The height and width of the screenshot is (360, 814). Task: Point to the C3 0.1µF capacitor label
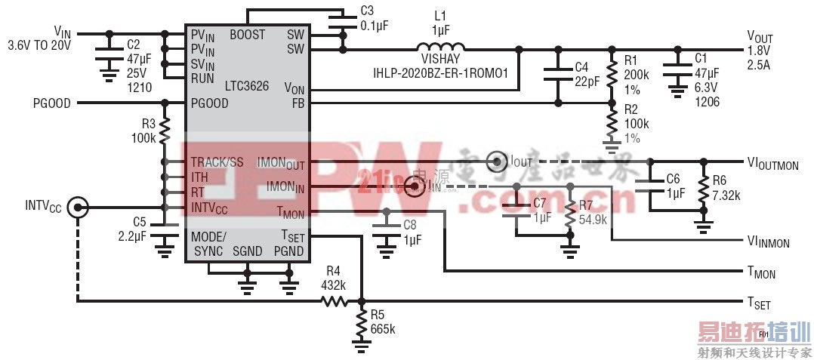(x=367, y=18)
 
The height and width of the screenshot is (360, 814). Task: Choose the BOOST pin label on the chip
(x=247, y=35)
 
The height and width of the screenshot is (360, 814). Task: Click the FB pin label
(x=298, y=103)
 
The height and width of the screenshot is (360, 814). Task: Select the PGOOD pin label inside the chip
(x=209, y=103)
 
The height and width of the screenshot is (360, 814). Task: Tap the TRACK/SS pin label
(x=217, y=162)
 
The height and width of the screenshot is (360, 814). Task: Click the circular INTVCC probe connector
(x=77, y=206)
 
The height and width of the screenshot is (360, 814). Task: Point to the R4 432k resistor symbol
(x=334, y=301)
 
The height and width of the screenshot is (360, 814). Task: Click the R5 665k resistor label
(x=383, y=322)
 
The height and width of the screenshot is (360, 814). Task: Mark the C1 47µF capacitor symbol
(x=674, y=69)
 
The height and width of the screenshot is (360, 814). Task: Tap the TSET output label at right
(x=759, y=303)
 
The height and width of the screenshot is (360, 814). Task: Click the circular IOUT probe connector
(x=496, y=161)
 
